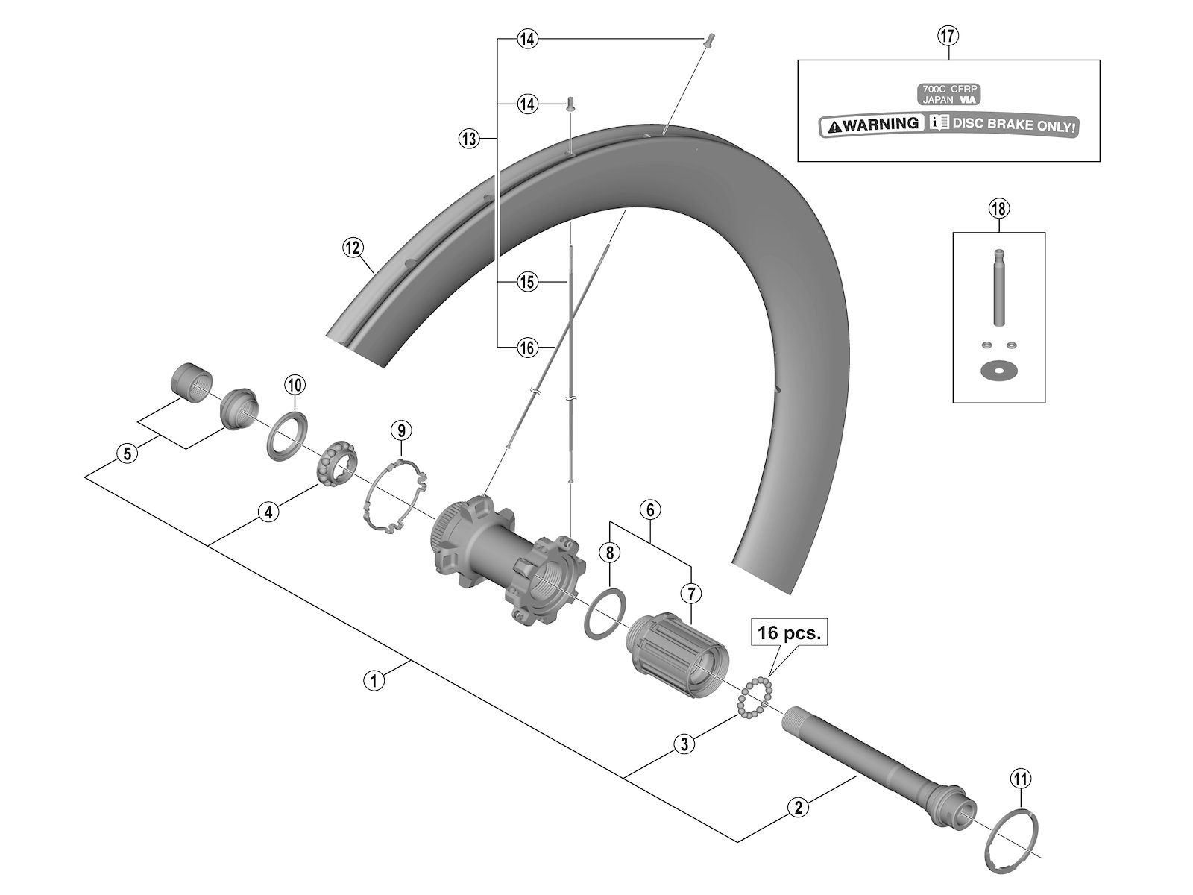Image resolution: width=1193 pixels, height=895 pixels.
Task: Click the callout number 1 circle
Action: (x=374, y=679)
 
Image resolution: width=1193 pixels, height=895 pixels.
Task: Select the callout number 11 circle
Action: (x=1020, y=779)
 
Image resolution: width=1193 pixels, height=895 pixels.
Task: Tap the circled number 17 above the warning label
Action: (x=948, y=36)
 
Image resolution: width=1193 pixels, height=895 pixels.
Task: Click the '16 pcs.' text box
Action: (x=789, y=634)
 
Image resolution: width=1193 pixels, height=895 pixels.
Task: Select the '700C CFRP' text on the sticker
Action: (x=948, y=88)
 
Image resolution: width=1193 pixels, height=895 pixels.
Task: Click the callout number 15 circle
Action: (x=527, y=282)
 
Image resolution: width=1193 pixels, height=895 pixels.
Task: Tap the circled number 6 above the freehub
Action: (x=650, y=510)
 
